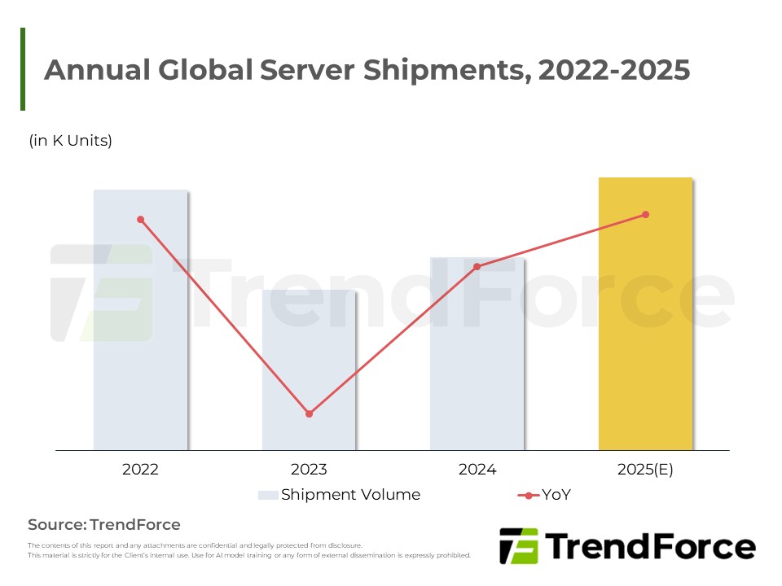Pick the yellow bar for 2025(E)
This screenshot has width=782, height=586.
645,326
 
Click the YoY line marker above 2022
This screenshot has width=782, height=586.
141,220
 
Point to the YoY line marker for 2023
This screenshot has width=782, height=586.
309,414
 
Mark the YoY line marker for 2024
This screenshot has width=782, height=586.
477,266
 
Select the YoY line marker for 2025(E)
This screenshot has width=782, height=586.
646,215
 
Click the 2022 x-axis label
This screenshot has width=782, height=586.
140,470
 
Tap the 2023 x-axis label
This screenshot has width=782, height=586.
309,470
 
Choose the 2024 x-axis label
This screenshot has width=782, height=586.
477,470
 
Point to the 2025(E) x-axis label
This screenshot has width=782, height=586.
645,470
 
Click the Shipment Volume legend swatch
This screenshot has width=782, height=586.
268,495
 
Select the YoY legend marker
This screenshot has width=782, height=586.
529,495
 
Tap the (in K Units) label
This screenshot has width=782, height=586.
71,141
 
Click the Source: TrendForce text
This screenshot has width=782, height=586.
104,524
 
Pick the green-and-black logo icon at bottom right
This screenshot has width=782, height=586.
519,546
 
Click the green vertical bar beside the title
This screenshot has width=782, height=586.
23,69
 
